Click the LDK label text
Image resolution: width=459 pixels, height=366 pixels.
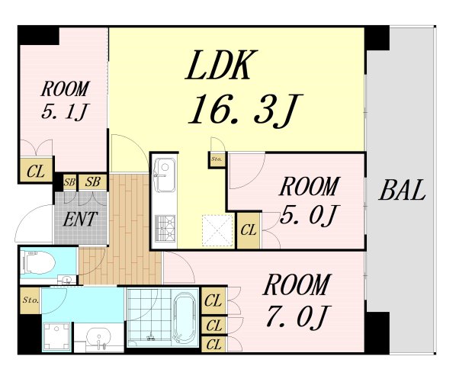tap(222, 65)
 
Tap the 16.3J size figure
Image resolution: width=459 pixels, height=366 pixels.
tap(245, 111)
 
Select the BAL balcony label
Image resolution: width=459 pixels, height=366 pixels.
tap(403, 190)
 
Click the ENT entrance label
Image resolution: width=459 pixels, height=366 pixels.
tap(80, 220)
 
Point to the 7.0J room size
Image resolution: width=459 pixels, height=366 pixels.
tap(298, 316)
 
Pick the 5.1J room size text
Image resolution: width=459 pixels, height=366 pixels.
tap(64, 112)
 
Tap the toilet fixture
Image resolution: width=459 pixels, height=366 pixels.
tap(39, 262)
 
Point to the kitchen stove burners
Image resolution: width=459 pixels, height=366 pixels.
tap(165, 229)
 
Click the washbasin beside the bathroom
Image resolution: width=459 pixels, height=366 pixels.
tap(99, 338)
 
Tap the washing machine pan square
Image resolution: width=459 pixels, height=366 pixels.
tap(56, 337)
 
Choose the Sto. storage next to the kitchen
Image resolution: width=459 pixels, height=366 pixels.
tap(217, 159)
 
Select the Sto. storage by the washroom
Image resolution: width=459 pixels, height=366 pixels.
tap(30, 300)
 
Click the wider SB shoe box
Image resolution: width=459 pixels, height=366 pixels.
tap(93, 181)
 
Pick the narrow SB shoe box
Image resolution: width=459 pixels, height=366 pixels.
tap(69, 182)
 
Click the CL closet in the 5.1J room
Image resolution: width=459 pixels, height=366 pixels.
tap(36, 171)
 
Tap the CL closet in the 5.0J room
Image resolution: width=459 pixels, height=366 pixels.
tap(249, 230)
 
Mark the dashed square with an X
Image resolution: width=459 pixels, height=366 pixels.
tap(217, 230)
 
